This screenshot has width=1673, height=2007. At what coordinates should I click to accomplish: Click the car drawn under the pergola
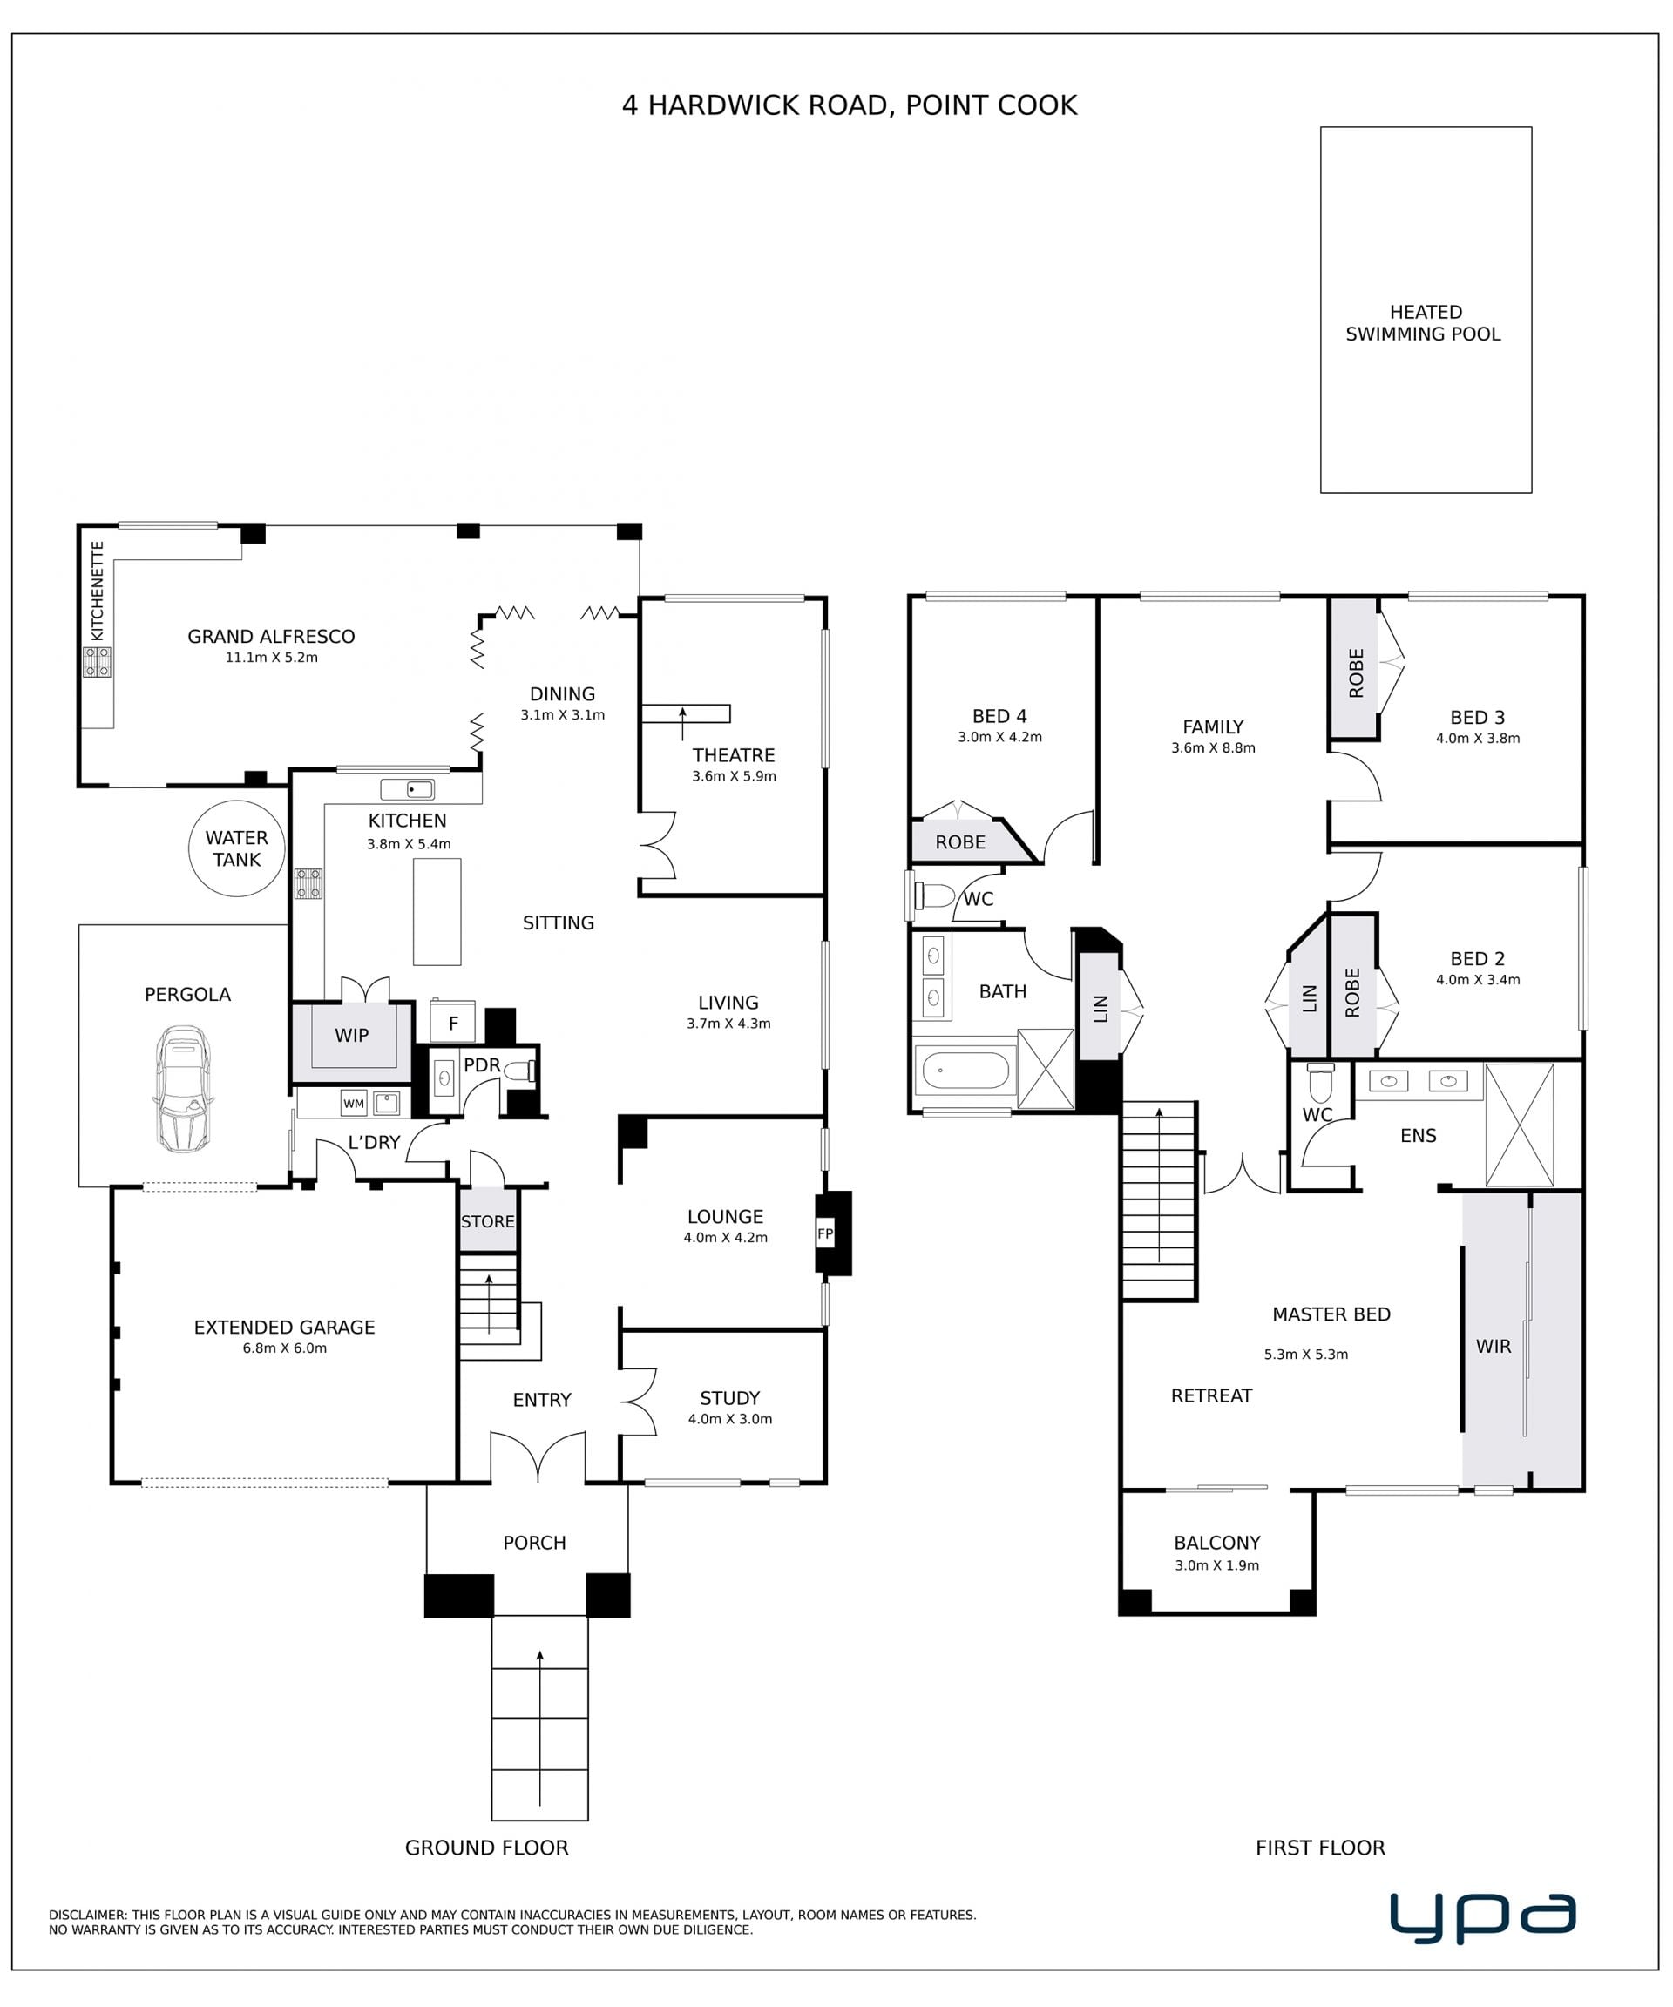(183, 1089)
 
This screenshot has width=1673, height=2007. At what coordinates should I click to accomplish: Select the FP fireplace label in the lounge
(825, 1233)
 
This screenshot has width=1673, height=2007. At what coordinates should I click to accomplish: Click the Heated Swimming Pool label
(1424, 323)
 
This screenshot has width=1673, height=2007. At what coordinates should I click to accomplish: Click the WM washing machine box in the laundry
(354, 1103)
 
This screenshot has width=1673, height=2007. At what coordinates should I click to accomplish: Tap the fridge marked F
(453, 1022)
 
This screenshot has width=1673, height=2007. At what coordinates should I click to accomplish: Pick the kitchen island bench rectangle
(437, 912)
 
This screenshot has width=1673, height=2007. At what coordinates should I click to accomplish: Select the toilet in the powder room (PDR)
(520, 1071)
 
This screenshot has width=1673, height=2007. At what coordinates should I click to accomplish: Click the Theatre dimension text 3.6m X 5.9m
(735, 776)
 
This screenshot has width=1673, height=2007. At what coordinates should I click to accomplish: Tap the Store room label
(488, 1221)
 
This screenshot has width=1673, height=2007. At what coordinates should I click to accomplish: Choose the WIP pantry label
(352, 1035)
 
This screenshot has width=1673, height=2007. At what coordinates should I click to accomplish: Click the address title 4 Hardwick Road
(850, 105)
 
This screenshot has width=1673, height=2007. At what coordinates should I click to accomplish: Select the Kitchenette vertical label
(98, 591)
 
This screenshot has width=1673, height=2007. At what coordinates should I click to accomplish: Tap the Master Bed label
(1331, 1314)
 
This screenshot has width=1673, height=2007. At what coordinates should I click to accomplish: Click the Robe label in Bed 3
(1356, 672)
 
